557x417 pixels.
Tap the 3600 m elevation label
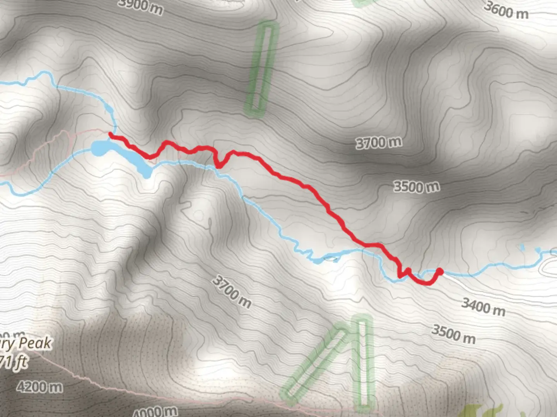pos(506,10)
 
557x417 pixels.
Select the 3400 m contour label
pos(483,307)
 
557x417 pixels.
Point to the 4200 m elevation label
pos(39,386)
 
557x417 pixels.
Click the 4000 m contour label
pos(155,412)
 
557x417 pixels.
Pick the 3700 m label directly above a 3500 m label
pos(379,143)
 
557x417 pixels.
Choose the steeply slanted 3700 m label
pos(232,292)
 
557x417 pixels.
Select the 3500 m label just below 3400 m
pos(453,334)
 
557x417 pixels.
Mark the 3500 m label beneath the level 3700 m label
pos(417,187)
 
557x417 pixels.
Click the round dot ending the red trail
pos(439,271)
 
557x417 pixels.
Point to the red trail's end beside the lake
pos(111,134)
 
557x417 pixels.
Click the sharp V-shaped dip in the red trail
pos(219,165)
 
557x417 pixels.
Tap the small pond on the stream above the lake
pos(109,110)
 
